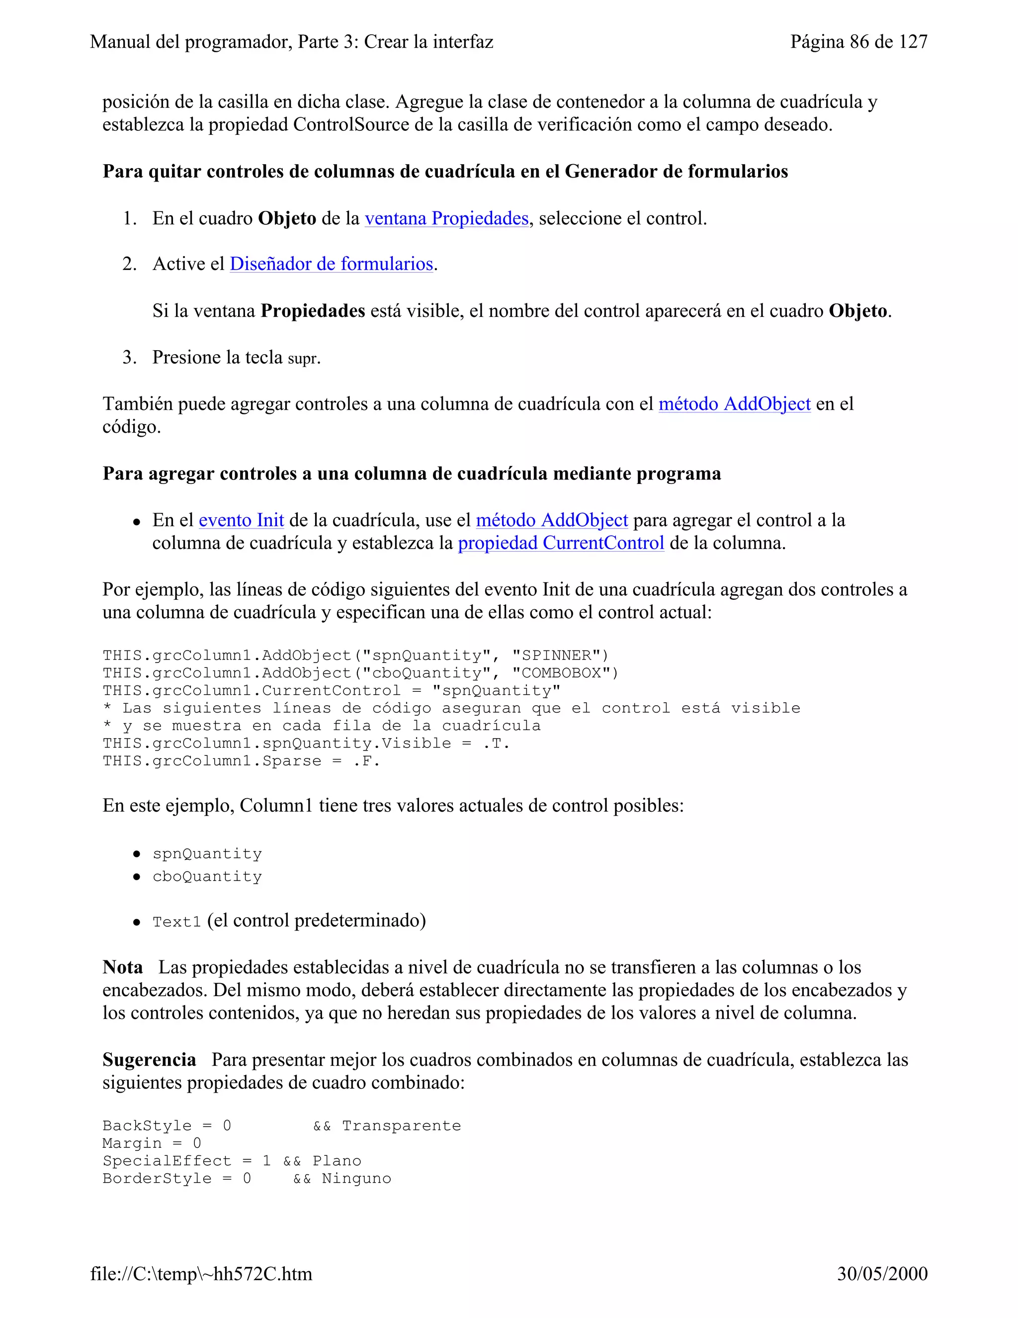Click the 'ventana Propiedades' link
coord(446,218)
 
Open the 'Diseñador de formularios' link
coord(331,264)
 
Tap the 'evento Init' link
coord(241,520)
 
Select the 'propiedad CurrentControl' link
coord(561,543)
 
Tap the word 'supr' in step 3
coord(302,359)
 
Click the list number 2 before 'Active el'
coord(129,264)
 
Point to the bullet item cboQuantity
coord(207,876)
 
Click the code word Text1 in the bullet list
coord(176,922)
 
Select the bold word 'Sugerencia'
coord(149,1060)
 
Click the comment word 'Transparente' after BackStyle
coord(401,1126)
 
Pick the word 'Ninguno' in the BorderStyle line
coord(356,1179)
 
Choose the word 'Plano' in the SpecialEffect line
coord(337,1161)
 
